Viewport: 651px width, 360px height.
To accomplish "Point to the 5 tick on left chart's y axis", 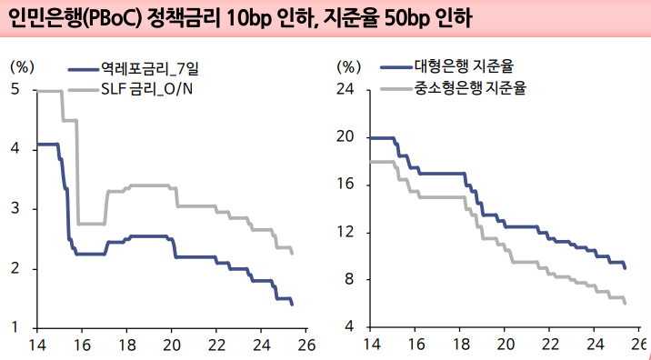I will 17,89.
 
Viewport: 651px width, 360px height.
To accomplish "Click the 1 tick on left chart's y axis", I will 17,328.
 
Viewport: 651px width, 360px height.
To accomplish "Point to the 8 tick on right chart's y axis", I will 347,280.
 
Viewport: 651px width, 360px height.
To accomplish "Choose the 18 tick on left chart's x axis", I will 127,345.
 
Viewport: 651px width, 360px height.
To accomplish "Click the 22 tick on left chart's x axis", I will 216,345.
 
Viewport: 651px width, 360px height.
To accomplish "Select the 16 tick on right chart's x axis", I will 417,345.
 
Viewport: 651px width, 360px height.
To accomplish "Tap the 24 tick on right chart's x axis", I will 595,345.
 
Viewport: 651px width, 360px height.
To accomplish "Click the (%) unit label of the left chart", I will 22,66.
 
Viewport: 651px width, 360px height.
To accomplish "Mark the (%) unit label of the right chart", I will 349,66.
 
